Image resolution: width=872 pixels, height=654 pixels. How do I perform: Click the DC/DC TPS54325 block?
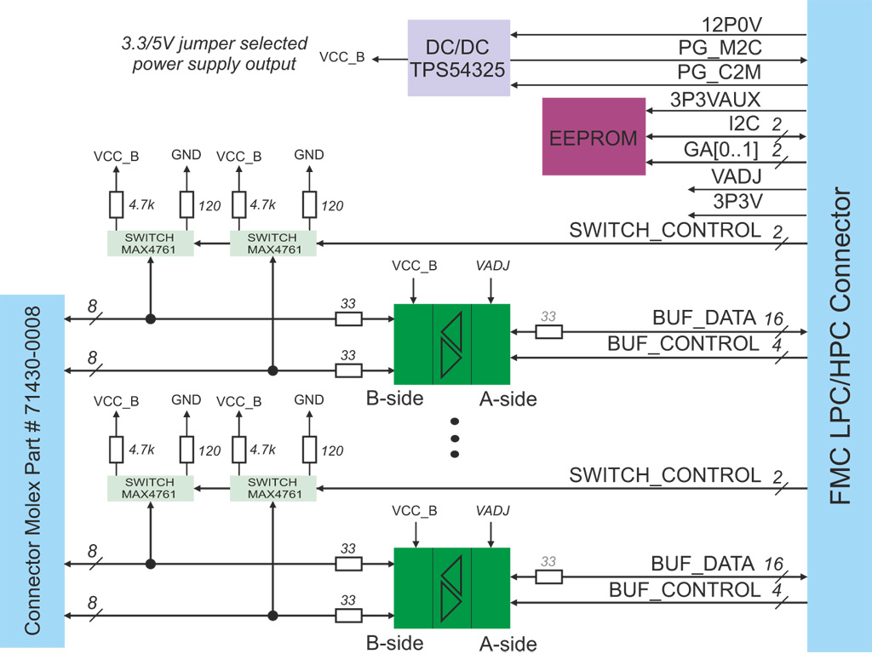pyautogui.click(x=459, y=57)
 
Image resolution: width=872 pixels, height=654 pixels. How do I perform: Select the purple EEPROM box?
pyautogui.click(x=594, y=136)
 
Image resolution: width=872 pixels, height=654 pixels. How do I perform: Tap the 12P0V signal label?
pyautogui.click(x=731, y=23)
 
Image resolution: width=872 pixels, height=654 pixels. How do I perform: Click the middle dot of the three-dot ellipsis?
pyautogui.click(x=455, y=439)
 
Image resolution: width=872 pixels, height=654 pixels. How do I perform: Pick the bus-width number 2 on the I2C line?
pyautogui.click(x=777, y=125)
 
